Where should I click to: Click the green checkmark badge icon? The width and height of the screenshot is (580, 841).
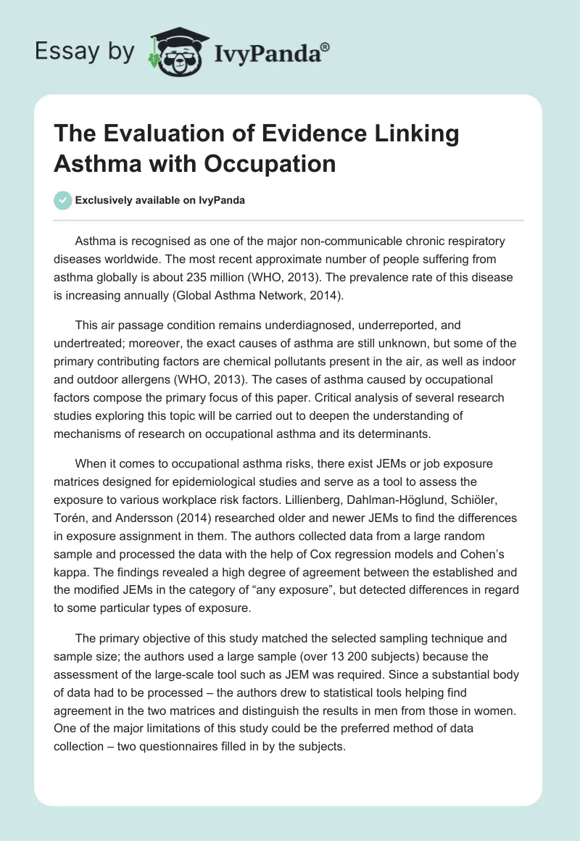point(62,199)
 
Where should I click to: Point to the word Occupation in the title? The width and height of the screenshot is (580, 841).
point(280,163)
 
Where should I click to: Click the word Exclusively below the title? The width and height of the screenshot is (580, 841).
point(107,200)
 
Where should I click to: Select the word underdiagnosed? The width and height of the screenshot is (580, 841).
point(291,325)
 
